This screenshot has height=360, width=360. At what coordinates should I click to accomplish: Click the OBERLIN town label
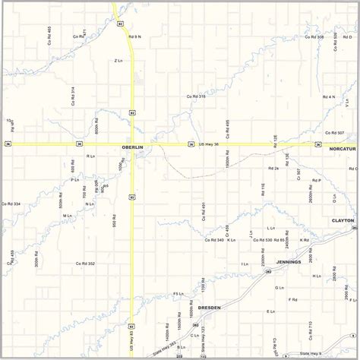pos(132,147)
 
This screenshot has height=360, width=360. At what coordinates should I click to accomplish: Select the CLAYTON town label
pos(343,220)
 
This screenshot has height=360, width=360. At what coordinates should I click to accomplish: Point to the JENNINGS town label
pos(289,262)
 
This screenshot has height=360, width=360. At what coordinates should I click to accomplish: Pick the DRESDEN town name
pos(208,308)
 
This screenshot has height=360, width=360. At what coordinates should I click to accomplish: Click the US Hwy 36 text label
pos(208,144)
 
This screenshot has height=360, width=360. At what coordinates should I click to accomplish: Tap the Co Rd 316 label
pos(196,96)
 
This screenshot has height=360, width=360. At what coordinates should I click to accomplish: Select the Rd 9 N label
pos(135,36)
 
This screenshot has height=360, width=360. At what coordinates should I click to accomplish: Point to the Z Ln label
pos(118,60)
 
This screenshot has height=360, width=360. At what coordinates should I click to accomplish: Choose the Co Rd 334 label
pos(11,204)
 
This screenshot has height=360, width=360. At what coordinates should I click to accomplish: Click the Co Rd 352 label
pos(85,264)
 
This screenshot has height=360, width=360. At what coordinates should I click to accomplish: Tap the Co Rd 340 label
pos(214,240)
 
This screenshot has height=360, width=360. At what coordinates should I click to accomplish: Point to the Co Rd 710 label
pos(310,328)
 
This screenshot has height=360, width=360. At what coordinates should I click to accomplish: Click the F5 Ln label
pos(178,293)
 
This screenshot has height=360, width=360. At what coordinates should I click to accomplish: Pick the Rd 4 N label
pos(328,96)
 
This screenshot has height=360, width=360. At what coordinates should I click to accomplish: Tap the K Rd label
pos(304,240)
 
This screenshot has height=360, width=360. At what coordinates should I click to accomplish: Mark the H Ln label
pos(317,276)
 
